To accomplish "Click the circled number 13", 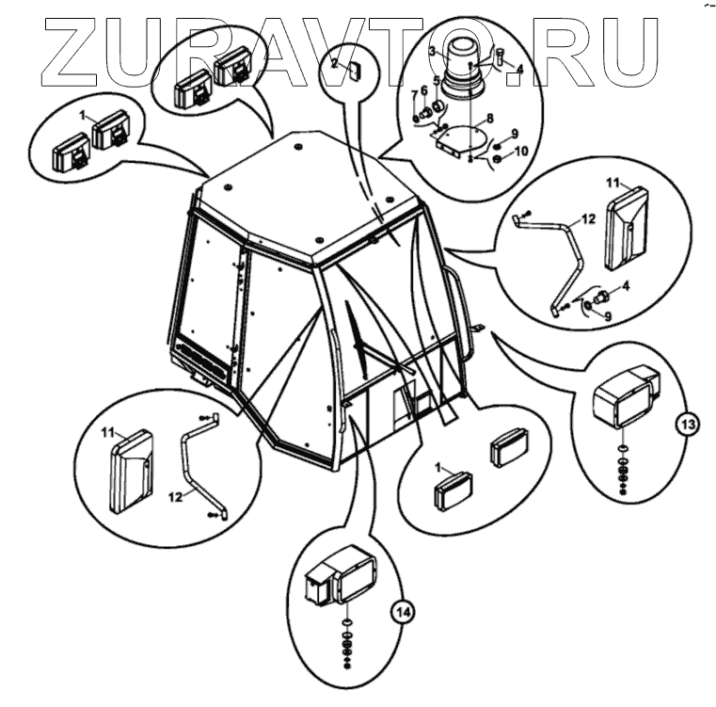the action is point(688,426).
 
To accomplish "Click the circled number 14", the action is point(403,614).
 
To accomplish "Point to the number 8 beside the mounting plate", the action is point(489,120).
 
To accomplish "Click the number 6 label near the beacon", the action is point(423,89).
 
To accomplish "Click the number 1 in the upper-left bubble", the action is point(84,116).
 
